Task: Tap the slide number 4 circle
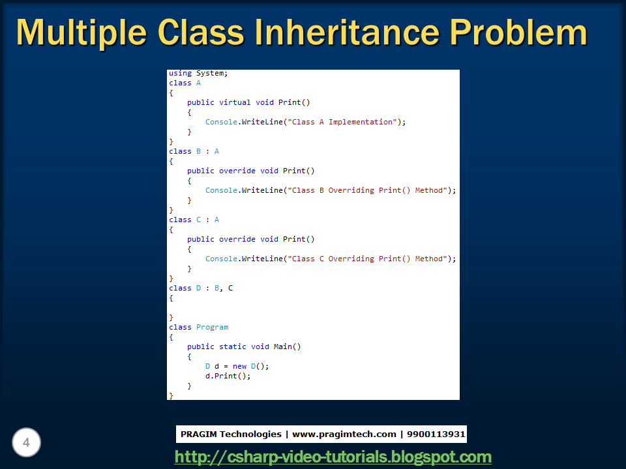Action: (26, 443)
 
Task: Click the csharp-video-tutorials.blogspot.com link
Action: (333, 457)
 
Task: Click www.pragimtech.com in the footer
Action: (344, 434)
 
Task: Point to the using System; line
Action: (198, 74)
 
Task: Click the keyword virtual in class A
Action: (235, 102)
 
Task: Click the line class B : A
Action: (194, 151)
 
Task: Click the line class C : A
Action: (194, 220)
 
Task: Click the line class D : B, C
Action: (201, 288)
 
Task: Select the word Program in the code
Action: (212, 327)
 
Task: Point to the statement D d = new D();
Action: (237, 366)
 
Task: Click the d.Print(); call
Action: (228, 376)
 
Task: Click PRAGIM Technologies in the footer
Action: (231, 434)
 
